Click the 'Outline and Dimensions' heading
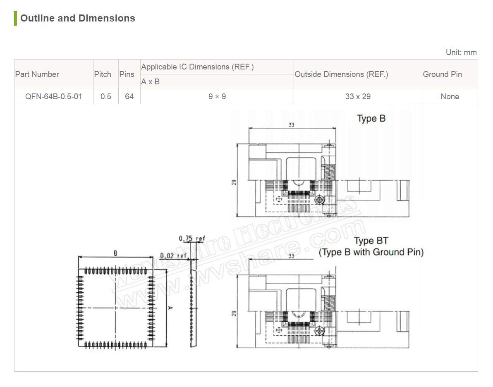(x=78, y=18)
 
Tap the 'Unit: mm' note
(x=461, y=52)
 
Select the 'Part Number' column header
(x=37, y=74)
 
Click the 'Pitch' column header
(x=103, y=74)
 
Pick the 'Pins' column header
(x=127, y=74)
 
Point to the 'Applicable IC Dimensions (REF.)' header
(x=197, y=67)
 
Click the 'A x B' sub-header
(x=150, y=82)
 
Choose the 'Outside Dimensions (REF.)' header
(x=342, y=74)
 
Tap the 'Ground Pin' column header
(x=443, y=74)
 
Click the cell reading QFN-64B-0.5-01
(x=53, y=96)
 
